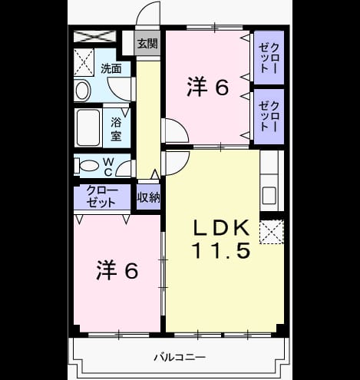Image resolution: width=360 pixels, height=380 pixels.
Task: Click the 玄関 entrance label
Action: [147, 44]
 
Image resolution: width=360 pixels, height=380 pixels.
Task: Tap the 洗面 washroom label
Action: [111, 69]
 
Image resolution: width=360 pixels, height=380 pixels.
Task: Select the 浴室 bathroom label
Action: [116, 130]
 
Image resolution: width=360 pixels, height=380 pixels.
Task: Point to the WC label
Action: [109, 167]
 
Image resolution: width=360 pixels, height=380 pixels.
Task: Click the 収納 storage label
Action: [149, 197]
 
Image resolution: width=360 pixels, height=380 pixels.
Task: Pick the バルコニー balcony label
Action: [180, 357]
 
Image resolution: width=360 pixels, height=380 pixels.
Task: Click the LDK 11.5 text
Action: [221, 239]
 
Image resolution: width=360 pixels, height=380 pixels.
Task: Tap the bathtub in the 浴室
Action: [88, 128]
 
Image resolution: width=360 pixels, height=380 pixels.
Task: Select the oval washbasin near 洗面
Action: [83, 91]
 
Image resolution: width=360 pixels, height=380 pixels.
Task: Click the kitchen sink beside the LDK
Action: [269, 196]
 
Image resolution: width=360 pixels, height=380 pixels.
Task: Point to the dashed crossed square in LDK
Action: [272, 232]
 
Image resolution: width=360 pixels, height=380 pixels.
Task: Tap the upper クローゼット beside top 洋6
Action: [269, 58]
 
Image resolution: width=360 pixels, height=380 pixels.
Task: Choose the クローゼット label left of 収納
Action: [102, 197]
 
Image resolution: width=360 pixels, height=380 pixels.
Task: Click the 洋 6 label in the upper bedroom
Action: [207, 87]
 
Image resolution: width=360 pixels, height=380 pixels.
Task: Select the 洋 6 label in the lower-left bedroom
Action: [117, 270]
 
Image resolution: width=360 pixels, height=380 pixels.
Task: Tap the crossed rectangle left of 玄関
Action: [94, 36]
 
